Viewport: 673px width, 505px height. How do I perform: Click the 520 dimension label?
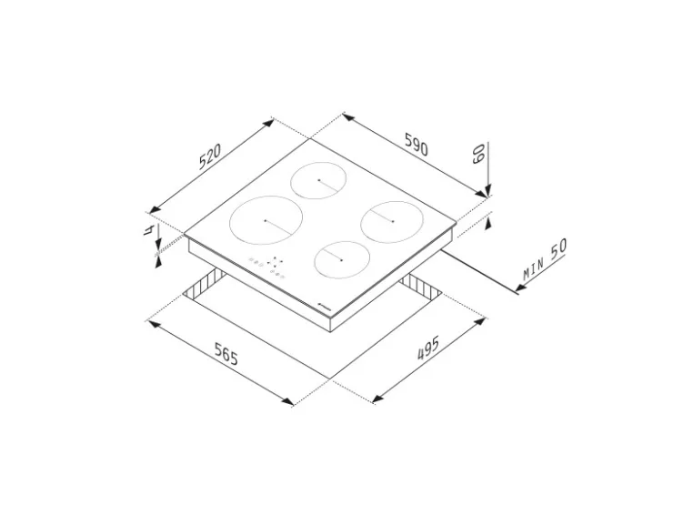(210, 157)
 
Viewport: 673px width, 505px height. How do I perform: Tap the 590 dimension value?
(417, 145)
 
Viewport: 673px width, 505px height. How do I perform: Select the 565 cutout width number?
(226, 353)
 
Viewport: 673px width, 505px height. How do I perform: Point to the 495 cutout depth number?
(428, 348)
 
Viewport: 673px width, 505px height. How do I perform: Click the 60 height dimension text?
(478, 153)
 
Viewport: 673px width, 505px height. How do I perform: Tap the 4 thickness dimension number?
(148, 230)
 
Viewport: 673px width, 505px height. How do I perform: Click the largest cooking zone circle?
(266, 220)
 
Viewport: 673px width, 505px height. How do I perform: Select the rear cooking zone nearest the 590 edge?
(318, 180)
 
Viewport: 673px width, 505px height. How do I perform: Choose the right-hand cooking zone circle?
(392, 222)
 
